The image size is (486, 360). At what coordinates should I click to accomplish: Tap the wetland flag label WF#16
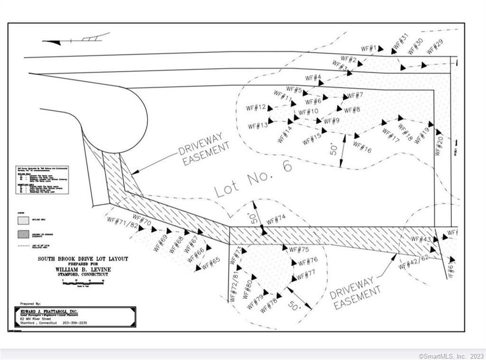pyautogui.click(x=362, y=148)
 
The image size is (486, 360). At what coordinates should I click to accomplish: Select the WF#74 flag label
pyautogui.click(x=276, y=220)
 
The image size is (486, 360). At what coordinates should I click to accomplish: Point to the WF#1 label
pyautogui.click(x=369, y=48)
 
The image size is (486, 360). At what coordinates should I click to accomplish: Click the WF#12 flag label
pyautogui.click(x=256, y=108)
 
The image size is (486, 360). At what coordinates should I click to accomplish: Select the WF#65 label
pyautogui.click(x=211, y=263)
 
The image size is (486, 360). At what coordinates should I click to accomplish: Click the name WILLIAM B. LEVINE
pyautogui.click(x=83, y=269)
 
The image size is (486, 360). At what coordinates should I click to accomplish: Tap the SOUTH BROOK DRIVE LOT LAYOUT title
pyautogui.click(x=83, y=259)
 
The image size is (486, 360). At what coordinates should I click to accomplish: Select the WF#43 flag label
pyautogui.click(x=421, y=239)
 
